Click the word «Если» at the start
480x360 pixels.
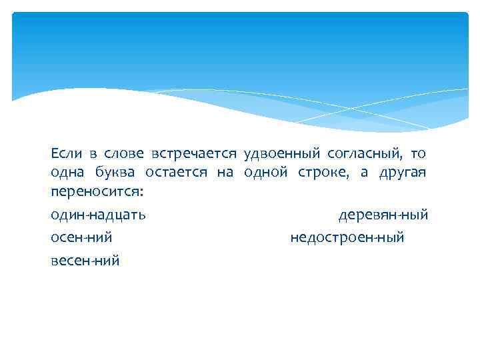click(64, 154)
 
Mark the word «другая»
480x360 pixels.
click(403, 174)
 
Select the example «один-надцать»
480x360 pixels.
click(99, 215)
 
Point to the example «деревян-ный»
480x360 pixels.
click(383, 215)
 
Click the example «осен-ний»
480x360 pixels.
click(81, 237)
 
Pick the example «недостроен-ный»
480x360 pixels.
click(347, 237)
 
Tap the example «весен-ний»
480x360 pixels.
click(85, 260)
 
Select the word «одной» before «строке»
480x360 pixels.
click(266, 173)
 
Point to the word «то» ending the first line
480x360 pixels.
click(418, 155)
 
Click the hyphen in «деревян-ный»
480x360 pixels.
click(398, 216)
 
